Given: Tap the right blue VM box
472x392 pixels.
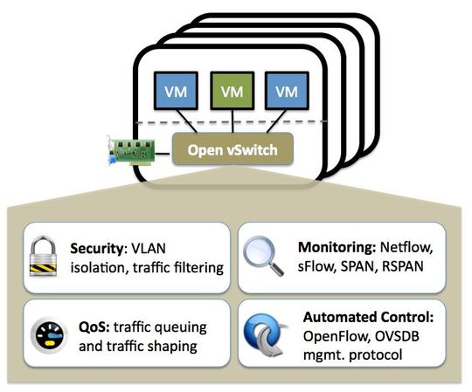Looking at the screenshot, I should point(284,91).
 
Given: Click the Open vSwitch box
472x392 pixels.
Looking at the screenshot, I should point(232,150).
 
